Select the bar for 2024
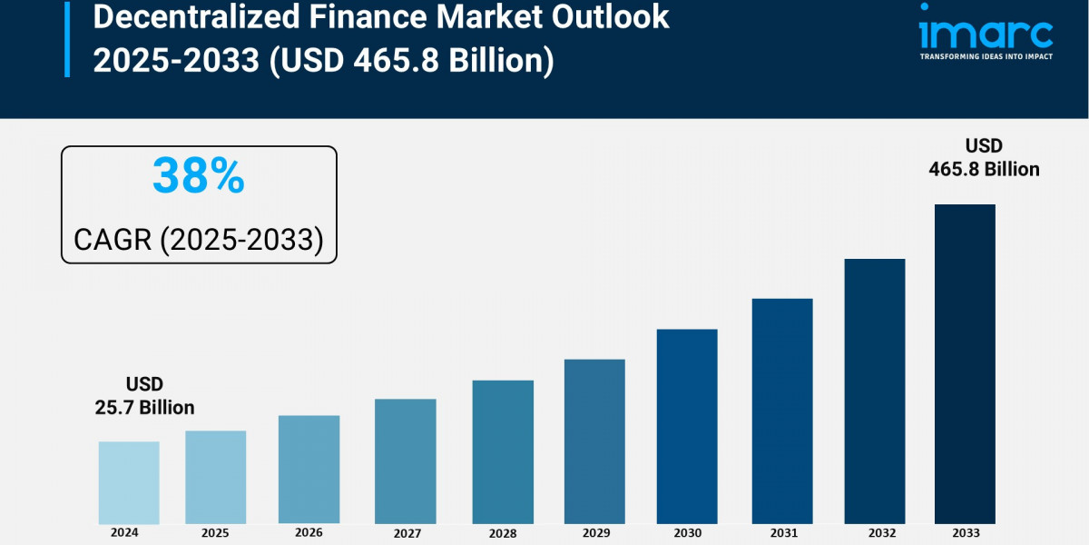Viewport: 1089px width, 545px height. click(129, 482)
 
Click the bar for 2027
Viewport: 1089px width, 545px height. click(406, 461)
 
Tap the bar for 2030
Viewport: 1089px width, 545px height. click(687, 426)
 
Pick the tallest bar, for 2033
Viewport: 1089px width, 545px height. click(965, 363)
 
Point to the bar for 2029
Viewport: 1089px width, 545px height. click(594, 441)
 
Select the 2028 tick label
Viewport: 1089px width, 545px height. click(503, 531)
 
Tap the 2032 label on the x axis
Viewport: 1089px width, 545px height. click(874, 531)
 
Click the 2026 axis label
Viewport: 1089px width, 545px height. click(309, 531)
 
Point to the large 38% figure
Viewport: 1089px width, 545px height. click(198, 175)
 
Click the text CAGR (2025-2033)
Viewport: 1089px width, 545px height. click(198, 239)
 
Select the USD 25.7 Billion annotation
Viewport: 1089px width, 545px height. click(144, 396)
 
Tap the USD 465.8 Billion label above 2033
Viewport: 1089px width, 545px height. click(984, 157)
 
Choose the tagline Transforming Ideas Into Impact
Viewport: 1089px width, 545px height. click(986, 56)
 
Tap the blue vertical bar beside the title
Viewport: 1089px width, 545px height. click(67, 38)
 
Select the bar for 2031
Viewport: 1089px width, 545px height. click(781, 411)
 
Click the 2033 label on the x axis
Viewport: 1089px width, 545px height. click(966, 531)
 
